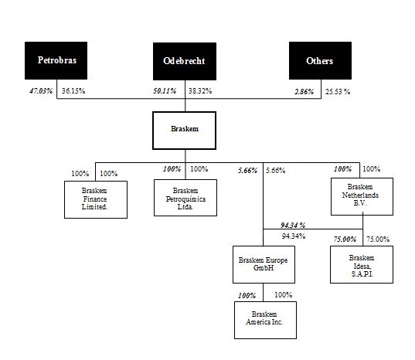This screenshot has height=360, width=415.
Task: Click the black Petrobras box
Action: (x=56, y=60)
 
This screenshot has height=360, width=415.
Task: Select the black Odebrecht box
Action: (x=185, y=61)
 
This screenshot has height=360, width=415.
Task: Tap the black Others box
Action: (x=320, y=60)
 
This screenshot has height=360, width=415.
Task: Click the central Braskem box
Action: (x=184, y=131)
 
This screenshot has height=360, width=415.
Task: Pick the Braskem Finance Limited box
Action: (x=96, y=200)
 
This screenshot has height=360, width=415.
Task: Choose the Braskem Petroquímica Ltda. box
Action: (x=185, y=198)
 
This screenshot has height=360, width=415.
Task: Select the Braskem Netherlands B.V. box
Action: (x=362, y=196)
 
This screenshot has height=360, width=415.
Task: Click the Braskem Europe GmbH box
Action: (x=264, y=264)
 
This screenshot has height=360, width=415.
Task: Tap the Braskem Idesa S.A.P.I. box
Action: (x=362, y=264)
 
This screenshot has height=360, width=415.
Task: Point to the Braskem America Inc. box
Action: (x=266, y=320)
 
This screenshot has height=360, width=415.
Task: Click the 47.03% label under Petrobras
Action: (x=41, y=91)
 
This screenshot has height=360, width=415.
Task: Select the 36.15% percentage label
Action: (x=73, y=91)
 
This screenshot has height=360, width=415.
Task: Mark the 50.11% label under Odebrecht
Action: (x=165, y=91)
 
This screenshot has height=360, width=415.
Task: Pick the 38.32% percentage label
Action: (x=200, y=91)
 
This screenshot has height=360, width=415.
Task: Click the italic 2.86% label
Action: (x=304, y=92)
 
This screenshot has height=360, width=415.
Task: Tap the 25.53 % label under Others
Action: (x=338, y=92)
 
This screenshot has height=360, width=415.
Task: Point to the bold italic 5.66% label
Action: (x=248, y=171)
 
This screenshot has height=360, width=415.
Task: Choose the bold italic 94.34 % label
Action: (x=293, y=225)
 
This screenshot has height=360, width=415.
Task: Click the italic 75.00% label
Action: (x=345, y=239)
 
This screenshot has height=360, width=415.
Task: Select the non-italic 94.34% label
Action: (x=294, y=236)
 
